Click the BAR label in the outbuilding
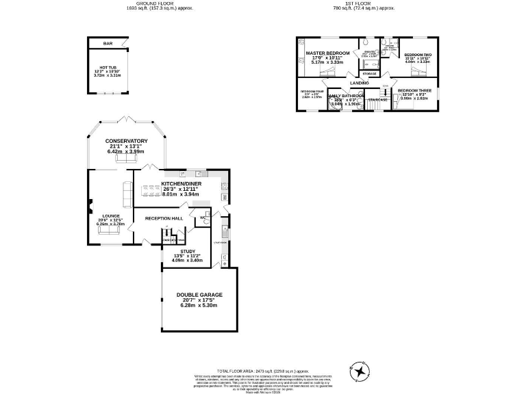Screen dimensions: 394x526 tap(108, 44)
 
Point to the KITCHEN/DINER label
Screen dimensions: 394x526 tap(180, 183)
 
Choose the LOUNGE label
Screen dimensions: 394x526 tap(111, 215)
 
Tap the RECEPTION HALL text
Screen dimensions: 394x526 tap(164, 218)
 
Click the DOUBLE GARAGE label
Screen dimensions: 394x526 tap(199, 295)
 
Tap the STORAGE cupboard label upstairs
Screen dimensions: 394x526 tap(369, 73)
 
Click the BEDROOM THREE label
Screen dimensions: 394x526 tap(414, 90)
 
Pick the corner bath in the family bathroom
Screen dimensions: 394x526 tap(334, 105)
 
